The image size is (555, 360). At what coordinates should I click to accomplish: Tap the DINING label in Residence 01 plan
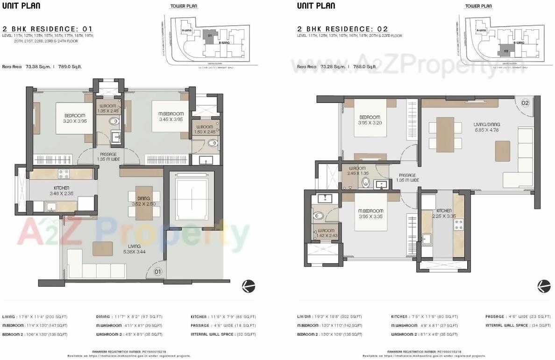(x=144, y=198)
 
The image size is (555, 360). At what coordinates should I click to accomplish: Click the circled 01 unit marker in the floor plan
(x=158, y=271)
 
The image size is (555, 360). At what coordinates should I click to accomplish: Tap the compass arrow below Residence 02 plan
(x=544, y=285)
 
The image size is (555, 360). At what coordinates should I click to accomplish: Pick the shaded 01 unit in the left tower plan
(x=210, y=35)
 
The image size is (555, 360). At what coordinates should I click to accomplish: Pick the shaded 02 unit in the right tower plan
(x=505, y=50)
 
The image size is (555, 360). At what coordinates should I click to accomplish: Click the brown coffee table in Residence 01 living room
(x=103, y=248)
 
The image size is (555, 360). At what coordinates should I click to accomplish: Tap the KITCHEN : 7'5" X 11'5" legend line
(x=424, y=317)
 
